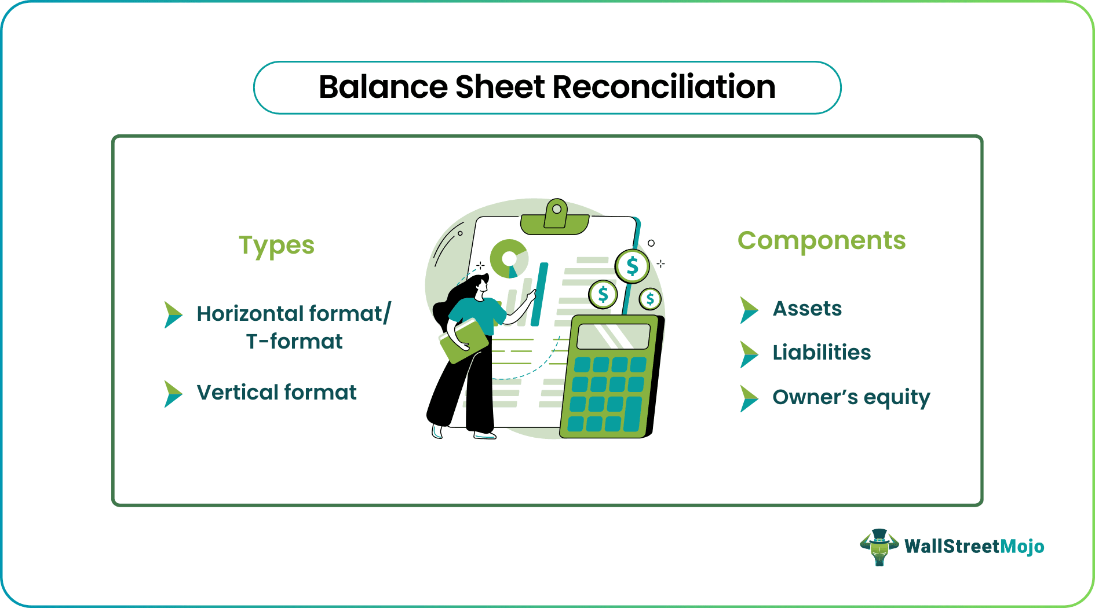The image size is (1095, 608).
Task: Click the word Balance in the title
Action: (382, 87)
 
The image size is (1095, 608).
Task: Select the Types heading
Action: (276, 246)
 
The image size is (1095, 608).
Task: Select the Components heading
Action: (821, 240)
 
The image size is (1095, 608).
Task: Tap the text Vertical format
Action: (276, 393)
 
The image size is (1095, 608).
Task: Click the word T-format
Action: (294, 342)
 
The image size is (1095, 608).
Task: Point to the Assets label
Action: (807, 309)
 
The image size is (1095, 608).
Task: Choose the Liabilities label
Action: (821, 353)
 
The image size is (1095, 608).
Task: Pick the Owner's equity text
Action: (851, 397)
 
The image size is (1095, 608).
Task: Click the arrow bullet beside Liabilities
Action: (749, 354)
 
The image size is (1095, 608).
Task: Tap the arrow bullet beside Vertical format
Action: (173, 394)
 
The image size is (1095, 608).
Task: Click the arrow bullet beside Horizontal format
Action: (173, 314)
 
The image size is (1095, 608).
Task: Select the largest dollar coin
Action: (632, 266)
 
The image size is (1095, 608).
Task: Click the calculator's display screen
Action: (614, 336)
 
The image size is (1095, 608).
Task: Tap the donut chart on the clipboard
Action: (509, 258)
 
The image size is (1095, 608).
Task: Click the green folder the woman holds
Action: (463, 341)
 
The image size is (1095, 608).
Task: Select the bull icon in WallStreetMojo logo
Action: (879, 547)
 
